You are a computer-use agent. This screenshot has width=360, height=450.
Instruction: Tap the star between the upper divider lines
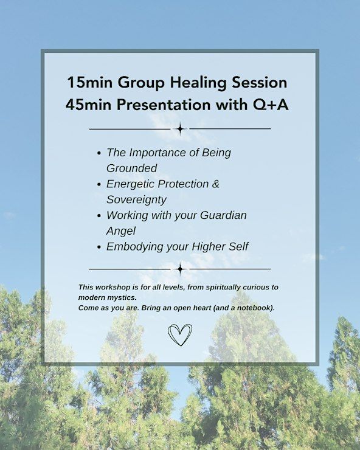click(180, 129)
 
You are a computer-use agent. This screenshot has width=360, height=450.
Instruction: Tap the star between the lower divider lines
click(180, 269)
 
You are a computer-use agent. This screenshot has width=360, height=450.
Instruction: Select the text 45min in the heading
click(88, 105)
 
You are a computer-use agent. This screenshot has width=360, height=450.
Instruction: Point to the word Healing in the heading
click(198, 83)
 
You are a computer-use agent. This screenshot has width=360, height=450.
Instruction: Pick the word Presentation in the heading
click(164, 105)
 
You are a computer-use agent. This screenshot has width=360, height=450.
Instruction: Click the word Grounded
click(132, 168)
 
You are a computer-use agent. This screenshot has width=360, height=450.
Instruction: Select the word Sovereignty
click(136, 199)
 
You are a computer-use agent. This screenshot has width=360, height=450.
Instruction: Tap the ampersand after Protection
click(216, 184)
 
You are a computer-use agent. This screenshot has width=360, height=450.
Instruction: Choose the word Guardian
click(223, 215)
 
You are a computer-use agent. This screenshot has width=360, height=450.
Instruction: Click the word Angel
click(121, 231)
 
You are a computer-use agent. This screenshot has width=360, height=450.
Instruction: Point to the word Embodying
click(134, 247)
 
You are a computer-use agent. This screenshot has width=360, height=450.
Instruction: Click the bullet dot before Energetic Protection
click(99, 184)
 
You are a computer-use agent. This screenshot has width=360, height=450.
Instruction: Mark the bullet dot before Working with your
click(99, 216)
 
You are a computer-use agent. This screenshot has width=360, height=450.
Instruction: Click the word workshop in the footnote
click(109, 287)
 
